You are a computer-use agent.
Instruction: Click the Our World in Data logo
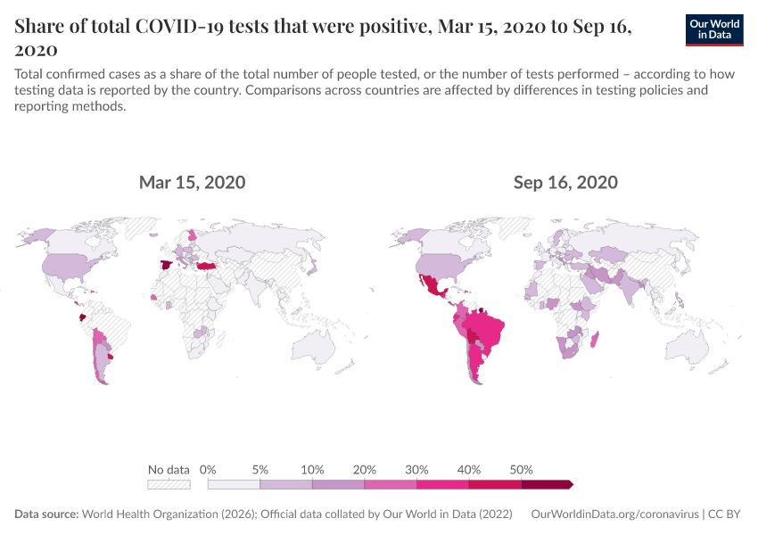(715, 29)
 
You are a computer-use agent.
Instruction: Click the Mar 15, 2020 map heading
(192, 183)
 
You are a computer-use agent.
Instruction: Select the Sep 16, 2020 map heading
(565, 183)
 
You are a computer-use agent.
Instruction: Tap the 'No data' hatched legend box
(169, 484)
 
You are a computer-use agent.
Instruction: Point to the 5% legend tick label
(260, 469)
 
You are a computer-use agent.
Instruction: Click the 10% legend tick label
(312, 469)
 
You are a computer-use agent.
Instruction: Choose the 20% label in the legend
(365, 469)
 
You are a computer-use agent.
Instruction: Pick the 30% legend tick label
(416, 469)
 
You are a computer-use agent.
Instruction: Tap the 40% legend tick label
(469, 469)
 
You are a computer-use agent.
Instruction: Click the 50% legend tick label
(521, 469)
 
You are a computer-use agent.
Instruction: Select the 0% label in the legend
(209, 469)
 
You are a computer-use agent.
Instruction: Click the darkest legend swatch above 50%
(546, 484)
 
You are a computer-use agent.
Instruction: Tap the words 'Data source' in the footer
(46, 514)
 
